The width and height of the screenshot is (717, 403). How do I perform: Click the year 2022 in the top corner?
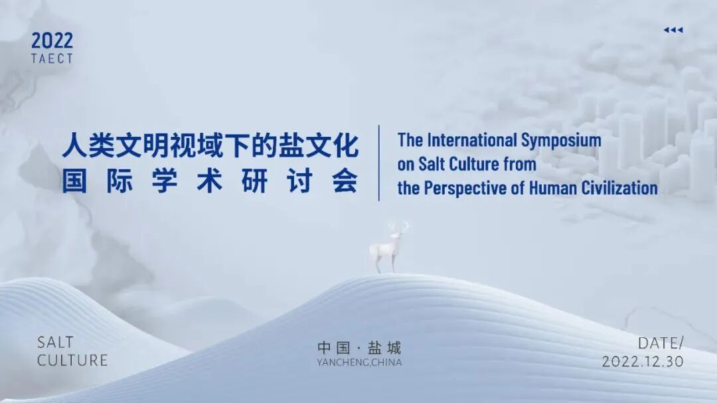(52, 40)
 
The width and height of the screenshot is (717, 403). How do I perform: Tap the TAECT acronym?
(52, 58)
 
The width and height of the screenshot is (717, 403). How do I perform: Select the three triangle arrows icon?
(673, 30)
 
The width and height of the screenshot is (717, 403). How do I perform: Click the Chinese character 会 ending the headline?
(345, 181)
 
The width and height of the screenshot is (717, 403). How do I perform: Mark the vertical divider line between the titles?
(379, 163)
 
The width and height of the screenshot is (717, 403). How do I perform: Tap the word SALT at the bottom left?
(56, 343)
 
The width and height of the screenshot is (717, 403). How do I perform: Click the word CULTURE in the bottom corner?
(72, 361)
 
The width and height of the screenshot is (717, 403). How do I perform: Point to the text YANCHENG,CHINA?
(359, 363)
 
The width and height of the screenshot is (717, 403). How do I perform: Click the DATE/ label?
(660, 343)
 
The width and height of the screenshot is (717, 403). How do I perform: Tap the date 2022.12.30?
(643, 362)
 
